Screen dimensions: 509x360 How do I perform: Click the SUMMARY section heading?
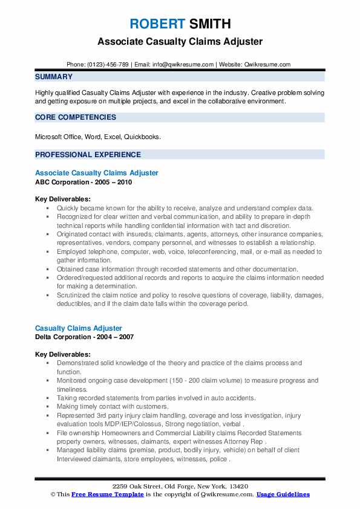(x=54, y=77)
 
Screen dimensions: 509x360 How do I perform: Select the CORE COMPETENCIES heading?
(x=76, y=117)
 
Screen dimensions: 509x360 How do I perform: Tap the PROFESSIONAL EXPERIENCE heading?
(x=88, y=154)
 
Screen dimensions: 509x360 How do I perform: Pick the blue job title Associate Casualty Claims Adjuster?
(x=97, y=173)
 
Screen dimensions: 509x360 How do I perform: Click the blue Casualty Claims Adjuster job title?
(x=79, y=328)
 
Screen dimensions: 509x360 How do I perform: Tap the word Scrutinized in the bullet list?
(x=76, y=295)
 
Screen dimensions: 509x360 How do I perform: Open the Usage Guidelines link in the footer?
(x=283, y=494)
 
